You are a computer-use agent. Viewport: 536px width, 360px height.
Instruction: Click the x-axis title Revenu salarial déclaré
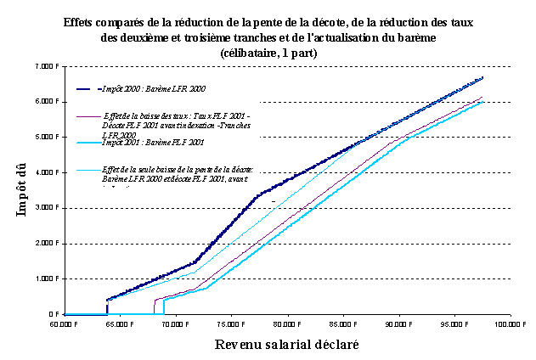click(x=286, y=345)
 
